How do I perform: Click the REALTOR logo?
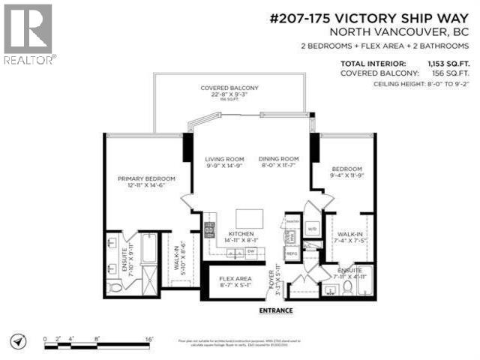point(28,34)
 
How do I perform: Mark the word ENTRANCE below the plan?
point(276,310)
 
